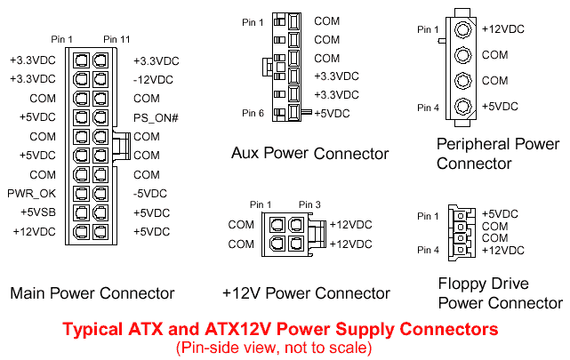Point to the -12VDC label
153,79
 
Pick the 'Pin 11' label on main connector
116,38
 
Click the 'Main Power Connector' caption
92,293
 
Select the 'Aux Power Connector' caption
309,154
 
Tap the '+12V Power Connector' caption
306,293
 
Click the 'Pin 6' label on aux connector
253,113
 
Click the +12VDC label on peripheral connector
502,28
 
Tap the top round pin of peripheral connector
462,28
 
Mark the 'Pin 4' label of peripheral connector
429,108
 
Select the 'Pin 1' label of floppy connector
428,216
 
